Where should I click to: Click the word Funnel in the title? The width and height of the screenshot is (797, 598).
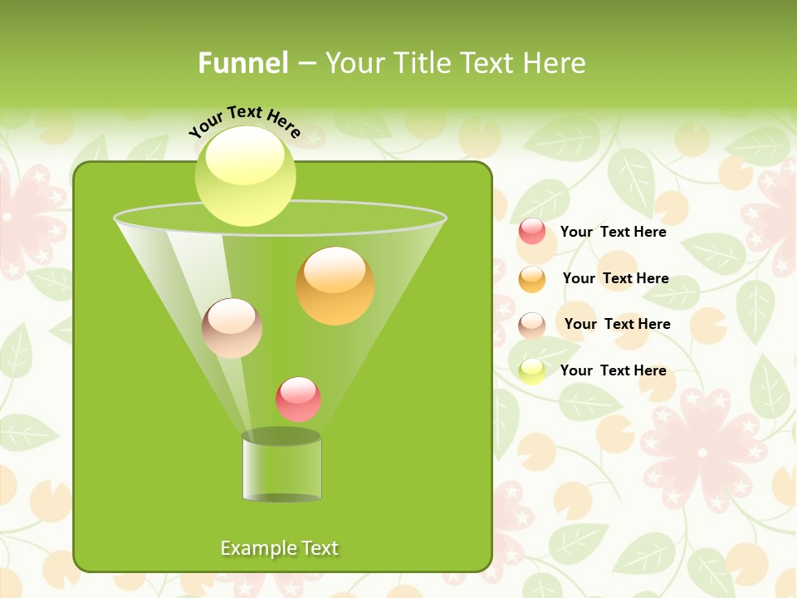pos(243,63)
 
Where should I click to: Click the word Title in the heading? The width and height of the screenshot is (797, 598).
pos(422,63)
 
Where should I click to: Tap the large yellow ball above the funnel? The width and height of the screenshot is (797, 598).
pos(245,176)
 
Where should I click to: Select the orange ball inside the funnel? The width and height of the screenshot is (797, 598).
pos(335,287)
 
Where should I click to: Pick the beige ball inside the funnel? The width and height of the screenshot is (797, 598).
pos(232,328)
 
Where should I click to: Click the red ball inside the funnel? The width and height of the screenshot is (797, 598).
pos(298,399)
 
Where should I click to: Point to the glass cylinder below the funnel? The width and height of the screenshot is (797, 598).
pos(281,469)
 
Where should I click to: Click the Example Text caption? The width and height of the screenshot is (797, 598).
pos(279,548)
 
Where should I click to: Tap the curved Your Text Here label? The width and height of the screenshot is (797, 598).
pos(245,120)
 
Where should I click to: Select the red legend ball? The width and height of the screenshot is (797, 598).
pos(532,232)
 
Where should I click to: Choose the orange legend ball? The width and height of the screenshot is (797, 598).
pos(532,279)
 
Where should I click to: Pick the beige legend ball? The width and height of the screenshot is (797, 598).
pos(532,325)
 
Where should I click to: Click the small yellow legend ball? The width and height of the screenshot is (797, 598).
pos(532,370)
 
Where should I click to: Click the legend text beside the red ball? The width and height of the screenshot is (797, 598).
pos(613,233)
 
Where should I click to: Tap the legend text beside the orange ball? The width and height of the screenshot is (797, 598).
pos(615,278)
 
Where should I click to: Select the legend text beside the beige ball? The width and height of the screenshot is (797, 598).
pos(617,324)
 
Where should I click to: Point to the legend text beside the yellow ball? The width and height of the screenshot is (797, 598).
pos(613,370)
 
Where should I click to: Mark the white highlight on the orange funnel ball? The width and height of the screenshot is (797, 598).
pos(335,270)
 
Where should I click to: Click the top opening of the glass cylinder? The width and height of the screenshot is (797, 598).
pos(281,437)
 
